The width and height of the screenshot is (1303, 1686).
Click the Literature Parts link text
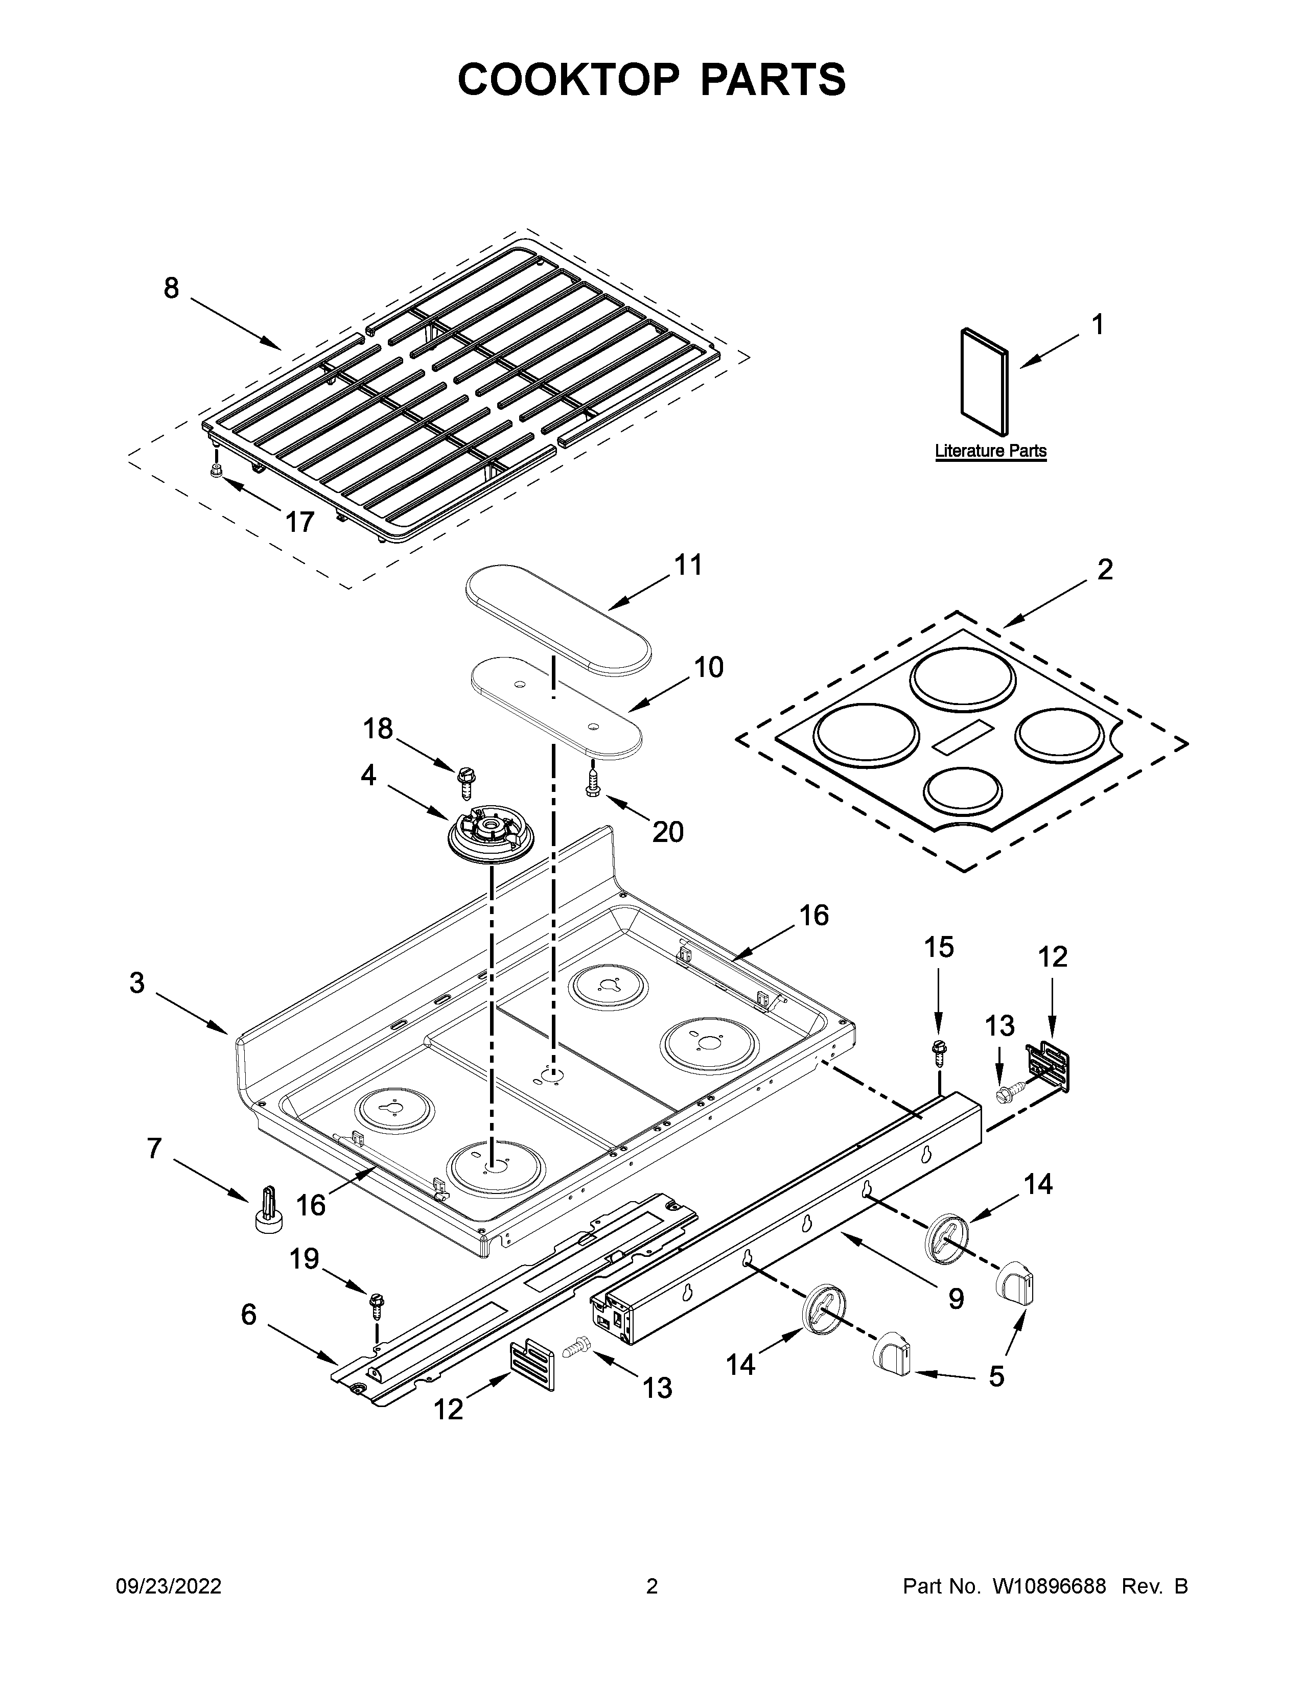990,450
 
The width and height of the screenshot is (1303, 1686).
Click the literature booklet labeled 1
984,381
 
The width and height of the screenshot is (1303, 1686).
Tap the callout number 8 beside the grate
171,289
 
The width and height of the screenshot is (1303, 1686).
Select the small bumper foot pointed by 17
217,470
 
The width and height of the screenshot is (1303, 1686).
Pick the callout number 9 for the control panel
956,1299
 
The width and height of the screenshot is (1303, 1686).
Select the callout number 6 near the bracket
248,1314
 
